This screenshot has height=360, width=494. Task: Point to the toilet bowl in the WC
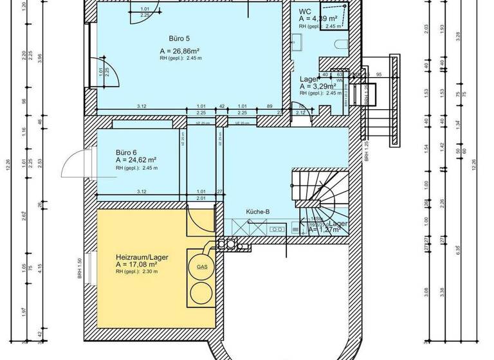[341, 44]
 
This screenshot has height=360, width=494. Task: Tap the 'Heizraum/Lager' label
[142, 256]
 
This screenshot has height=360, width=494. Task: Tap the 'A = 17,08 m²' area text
[136, 264]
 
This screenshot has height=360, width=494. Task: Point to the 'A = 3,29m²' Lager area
[320, 85]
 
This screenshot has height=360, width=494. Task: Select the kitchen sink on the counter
[279, 228]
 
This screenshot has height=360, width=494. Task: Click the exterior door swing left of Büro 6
[74, 163]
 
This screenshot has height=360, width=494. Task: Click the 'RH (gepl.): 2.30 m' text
[136, 272]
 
